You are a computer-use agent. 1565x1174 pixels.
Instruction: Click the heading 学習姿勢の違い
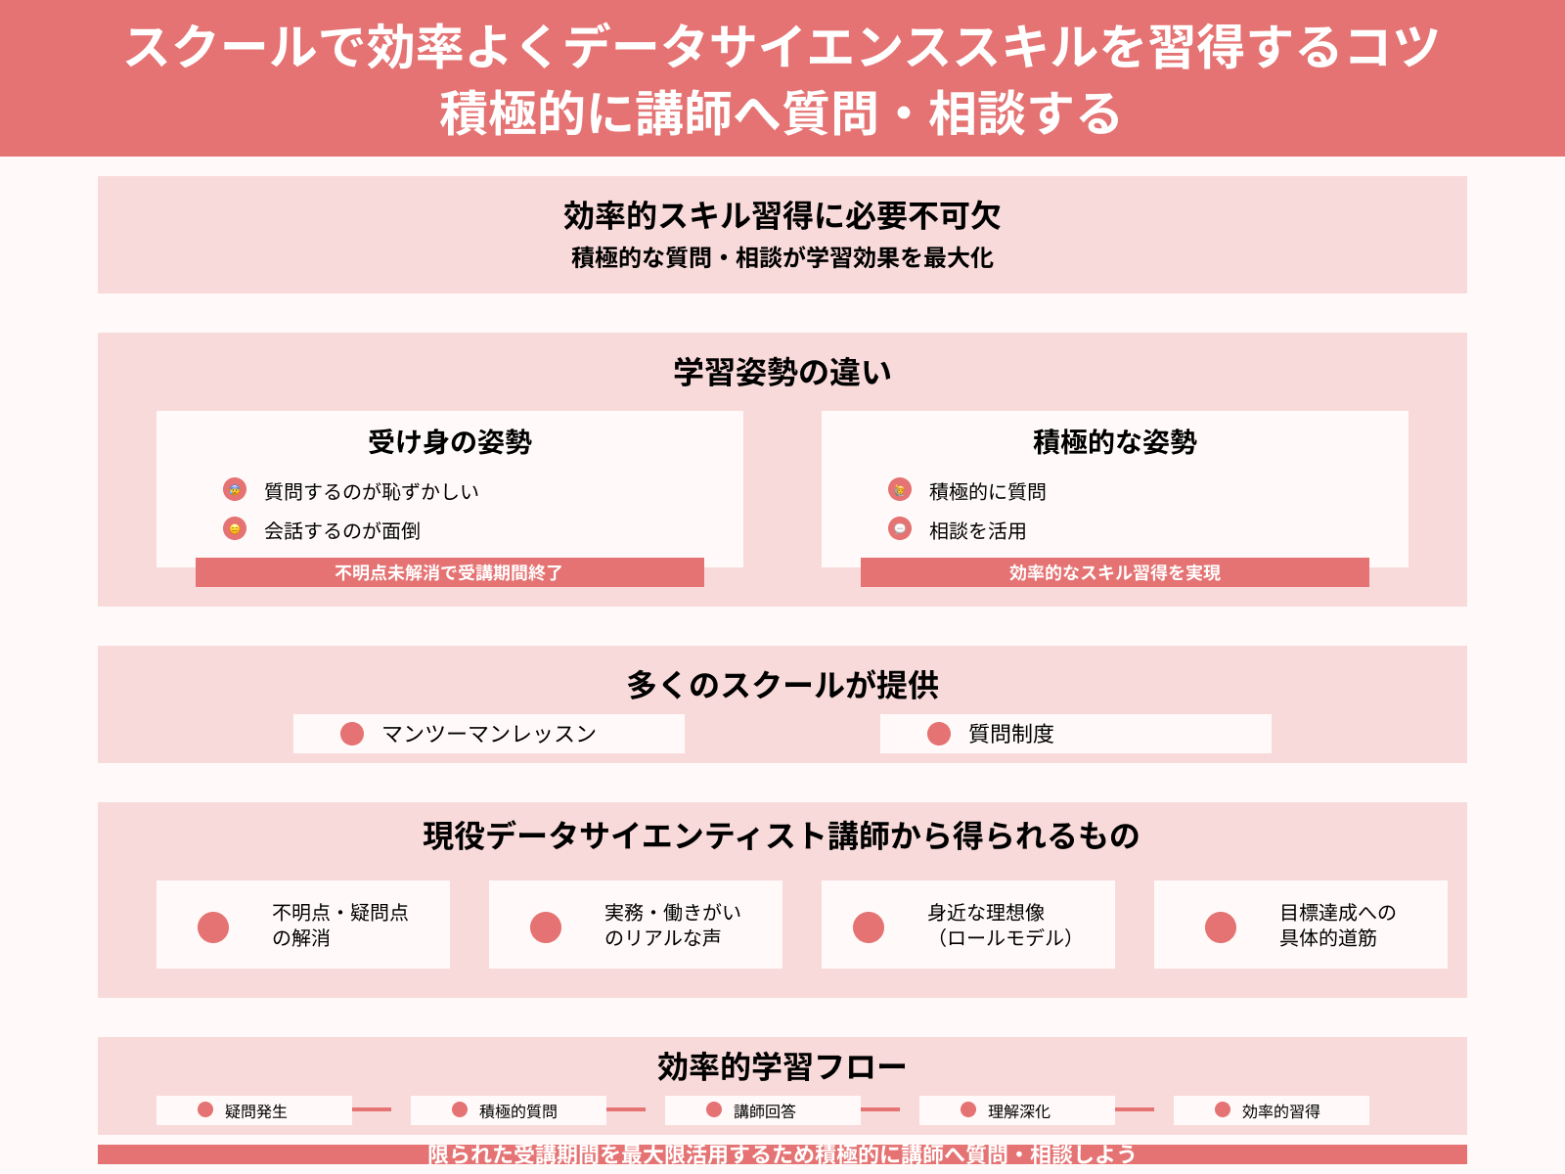tap(782, 373)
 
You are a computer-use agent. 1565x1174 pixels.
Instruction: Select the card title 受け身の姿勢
tap(450, 442)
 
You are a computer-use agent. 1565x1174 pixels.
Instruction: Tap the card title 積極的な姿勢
tap(1115, 442)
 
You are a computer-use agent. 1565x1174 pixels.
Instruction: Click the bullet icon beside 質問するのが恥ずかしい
tap(235, 489)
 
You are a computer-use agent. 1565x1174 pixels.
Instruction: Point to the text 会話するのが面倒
tap(342, 531)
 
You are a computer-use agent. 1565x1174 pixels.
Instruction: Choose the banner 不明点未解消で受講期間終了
tap(449, 572)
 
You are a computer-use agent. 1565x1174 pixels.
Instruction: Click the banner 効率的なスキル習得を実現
tap(1114, 572)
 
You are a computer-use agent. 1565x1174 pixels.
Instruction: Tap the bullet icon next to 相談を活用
tap(900, 528)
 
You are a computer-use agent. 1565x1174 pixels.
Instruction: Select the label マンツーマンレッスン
tap(489, 735)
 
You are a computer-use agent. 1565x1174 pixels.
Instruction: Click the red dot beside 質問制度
tap(939, 734)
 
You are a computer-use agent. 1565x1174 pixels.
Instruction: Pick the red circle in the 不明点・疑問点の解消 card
tap(213, 926)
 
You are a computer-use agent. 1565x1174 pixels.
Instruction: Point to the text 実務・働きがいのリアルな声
tap(672, 925)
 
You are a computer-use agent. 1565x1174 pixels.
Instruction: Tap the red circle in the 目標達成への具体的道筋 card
tap(1221, 926)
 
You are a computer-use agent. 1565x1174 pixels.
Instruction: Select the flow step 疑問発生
tap(255, 1111)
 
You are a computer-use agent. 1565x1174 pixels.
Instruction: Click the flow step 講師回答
tap(764, 1111)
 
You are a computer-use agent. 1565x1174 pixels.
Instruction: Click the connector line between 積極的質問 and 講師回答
tap(626, 1109)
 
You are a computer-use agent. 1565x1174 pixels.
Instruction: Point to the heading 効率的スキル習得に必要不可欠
tap(782, 215)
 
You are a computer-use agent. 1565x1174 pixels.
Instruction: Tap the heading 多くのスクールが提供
tap(782, 685)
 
